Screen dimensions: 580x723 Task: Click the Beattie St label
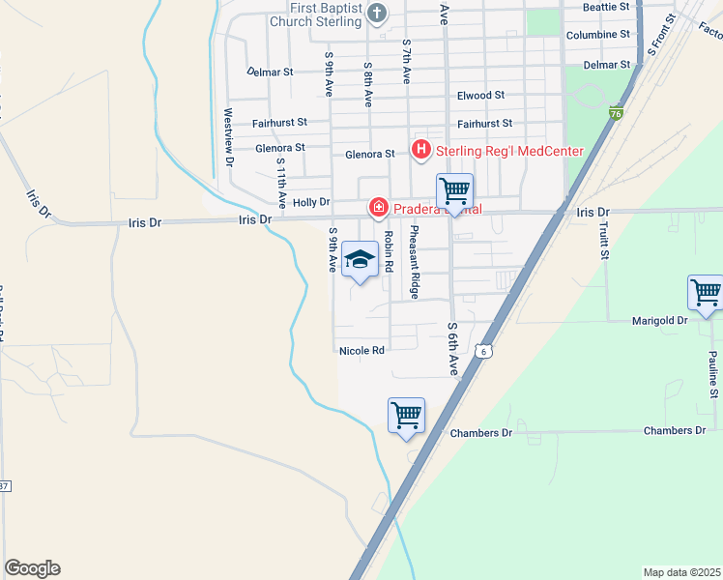click(x=606, y=7)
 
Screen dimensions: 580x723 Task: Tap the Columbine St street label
click(x=597, y=35)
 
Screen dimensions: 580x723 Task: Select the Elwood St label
click(x=480, y=96)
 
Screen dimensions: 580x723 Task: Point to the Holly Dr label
click(x=311, y=202)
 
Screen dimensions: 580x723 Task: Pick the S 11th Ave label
click(x=281, y=183)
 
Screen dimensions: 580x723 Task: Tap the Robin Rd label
click(x=389, y=250)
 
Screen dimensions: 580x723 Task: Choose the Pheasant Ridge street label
click(x=414, y=260)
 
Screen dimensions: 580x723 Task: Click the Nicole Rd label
click(x=361, y=350)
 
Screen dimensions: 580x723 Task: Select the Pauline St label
click(x=712, y=375)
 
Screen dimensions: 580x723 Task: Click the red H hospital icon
click(x=421, y=150)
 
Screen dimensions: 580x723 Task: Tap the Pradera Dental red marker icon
click(x=377, y=208)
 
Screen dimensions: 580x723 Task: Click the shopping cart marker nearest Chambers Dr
click(x=407, y=416)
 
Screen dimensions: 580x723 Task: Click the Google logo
click(x=33, y=568)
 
